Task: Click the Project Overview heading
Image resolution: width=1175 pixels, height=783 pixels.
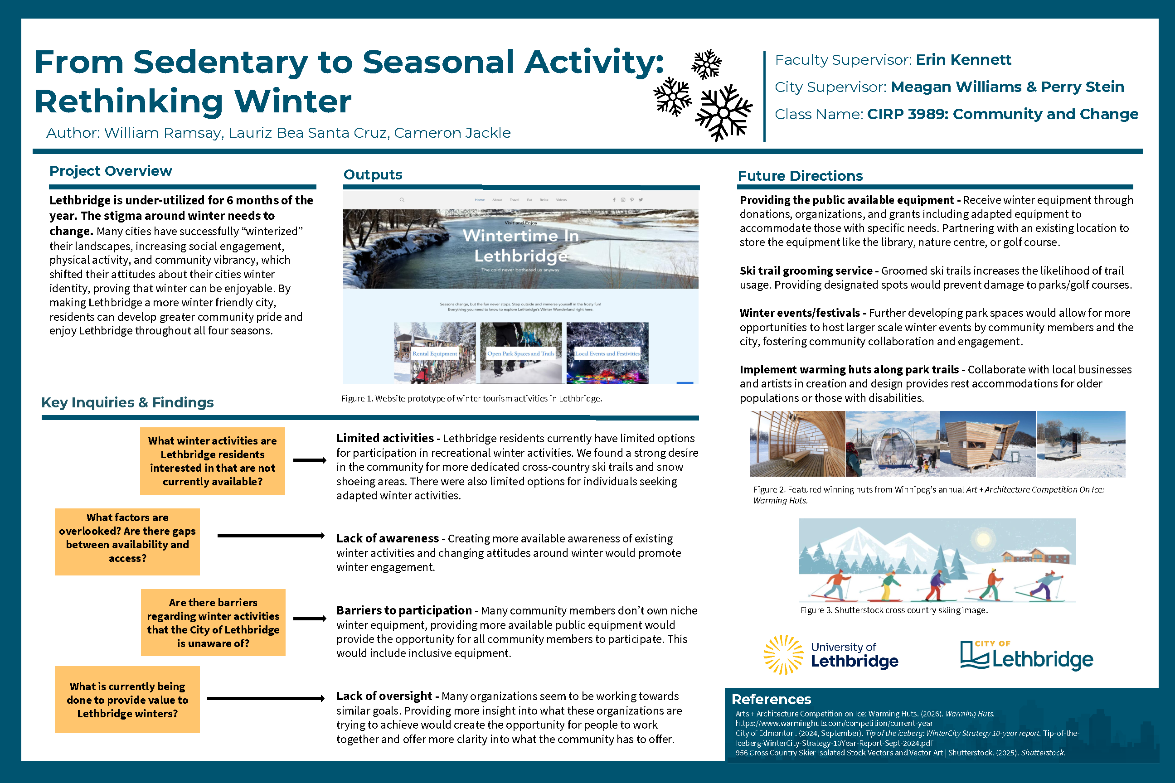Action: pos(111,171)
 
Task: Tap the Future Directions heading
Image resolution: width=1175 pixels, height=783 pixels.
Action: pos(800,176)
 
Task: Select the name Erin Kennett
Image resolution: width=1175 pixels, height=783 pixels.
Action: pos(963,60)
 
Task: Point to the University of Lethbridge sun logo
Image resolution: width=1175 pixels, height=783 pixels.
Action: pos(783,654)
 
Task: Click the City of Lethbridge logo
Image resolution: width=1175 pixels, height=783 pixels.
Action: pos(1026,655)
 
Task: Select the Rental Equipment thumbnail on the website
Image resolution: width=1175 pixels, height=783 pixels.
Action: pos(435,353)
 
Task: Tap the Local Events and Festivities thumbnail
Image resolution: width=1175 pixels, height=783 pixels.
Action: pos(607,353)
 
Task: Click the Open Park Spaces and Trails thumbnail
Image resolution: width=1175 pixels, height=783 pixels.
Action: pos(520,353)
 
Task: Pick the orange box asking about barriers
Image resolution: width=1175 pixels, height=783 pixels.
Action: pos(213,623)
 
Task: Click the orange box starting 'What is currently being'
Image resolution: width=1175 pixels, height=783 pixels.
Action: pos(127,700)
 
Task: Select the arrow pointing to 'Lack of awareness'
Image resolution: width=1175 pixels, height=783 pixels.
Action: pos(271,536)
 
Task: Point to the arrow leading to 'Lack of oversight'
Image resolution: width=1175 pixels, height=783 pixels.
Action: pos(266,699)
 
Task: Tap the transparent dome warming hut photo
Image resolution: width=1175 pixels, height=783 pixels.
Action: pos(892,444)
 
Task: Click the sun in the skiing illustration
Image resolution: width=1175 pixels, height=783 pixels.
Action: pos(983,539)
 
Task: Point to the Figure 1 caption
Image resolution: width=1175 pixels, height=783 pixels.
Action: pos(471,398)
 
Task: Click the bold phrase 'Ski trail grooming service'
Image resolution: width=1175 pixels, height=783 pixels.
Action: pos(806,271)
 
